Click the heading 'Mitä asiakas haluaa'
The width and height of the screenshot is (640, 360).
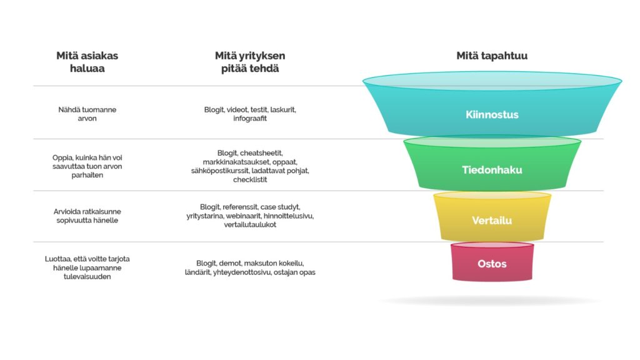[87, 62]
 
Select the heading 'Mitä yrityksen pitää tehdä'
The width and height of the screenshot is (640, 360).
[250, 62]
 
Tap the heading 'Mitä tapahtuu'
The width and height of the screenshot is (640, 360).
[492, 56]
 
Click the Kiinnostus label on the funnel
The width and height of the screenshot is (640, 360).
[492, 115]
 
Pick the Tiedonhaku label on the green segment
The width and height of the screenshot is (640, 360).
[492, 170]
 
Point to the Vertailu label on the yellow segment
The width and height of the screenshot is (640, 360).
[492, 221]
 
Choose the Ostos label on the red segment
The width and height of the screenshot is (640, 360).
[492, 264]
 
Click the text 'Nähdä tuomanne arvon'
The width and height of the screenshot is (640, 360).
[87, 114]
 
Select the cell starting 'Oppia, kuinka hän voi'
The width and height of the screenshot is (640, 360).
[87, 166]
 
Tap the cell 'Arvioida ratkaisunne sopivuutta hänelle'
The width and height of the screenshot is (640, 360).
[87, 216]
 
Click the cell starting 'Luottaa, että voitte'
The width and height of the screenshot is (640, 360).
[87, 267]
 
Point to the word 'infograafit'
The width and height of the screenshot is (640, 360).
[250, 118]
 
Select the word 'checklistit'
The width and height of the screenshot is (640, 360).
[250, 179]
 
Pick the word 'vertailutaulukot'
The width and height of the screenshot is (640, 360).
[250, 224]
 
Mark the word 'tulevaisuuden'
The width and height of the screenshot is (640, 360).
[87, 277]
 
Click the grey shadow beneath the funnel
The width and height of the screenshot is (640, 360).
[490, 301]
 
